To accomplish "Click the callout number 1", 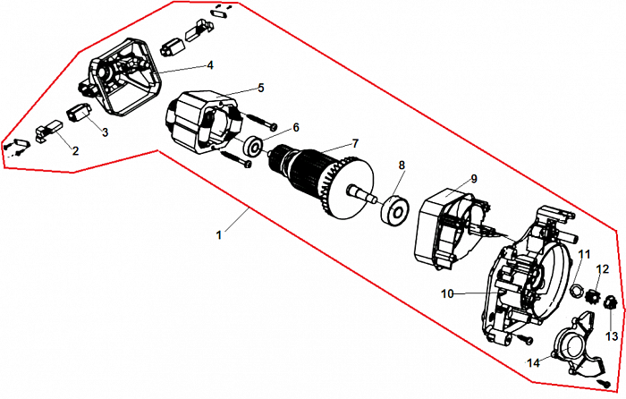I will coord(218,234).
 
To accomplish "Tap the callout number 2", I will coord(75,150).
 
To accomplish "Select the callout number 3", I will coord(105,132).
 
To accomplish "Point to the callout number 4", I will coord(209,64).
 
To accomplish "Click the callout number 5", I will coord(260,88).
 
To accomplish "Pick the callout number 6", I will coord(296,127).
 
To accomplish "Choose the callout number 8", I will coord(402,166).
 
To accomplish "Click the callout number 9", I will coord(474,178).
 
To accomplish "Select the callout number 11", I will coord(584,255).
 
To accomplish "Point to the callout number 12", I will coord(602,268).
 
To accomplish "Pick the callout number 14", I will coord(533,363).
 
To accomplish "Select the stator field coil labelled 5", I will coord(202,124).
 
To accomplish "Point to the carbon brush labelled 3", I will coord(77,114).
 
